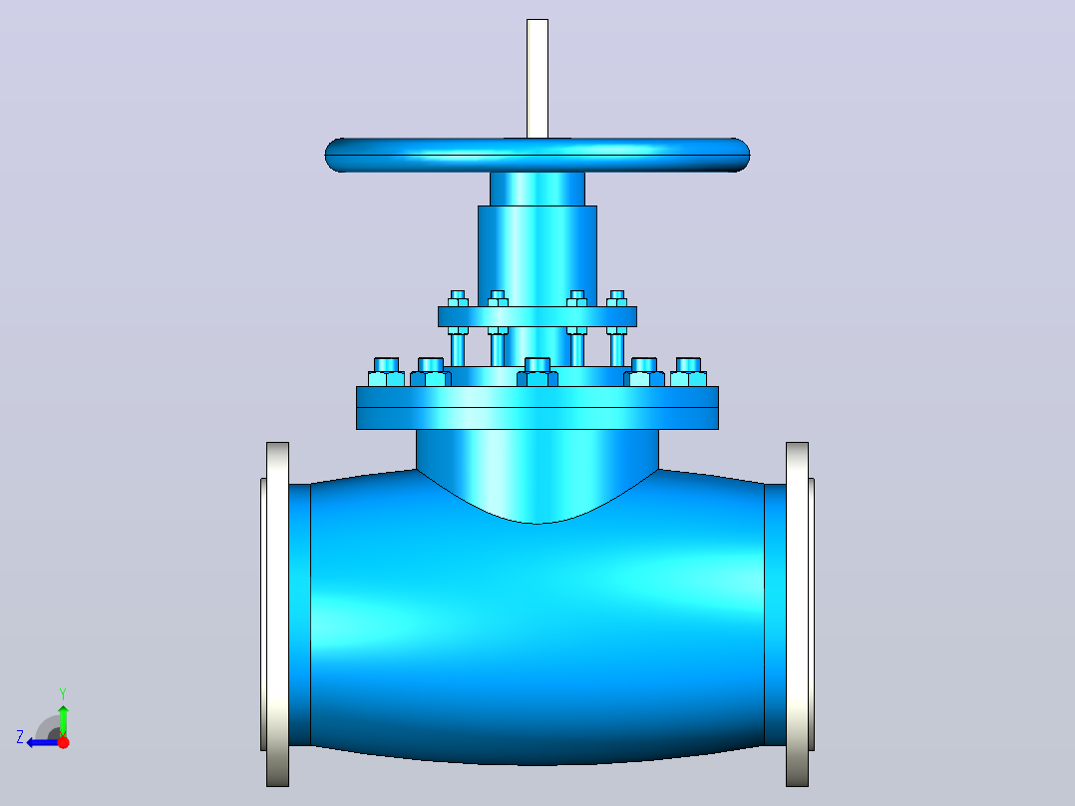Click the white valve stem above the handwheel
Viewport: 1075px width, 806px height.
coord(537,78)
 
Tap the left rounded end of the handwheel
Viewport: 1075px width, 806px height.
coord(335,155)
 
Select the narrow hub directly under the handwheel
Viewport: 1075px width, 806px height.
coord(537,189)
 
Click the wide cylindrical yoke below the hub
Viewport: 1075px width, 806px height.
coord(537,255)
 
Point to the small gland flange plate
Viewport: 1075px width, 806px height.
coord(537,316)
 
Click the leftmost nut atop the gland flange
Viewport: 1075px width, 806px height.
coord(458,299)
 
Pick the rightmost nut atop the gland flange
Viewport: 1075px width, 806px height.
coord(617,299)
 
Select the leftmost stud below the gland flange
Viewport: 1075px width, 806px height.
coord(458,347)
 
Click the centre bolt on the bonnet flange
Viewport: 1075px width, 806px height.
coord(537,372)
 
